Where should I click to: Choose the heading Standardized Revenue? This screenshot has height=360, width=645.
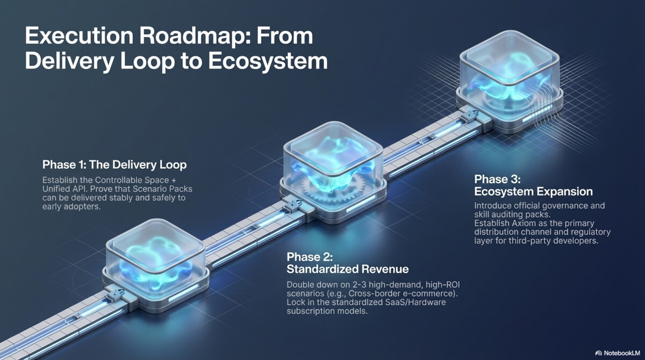(x=347, y=269)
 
